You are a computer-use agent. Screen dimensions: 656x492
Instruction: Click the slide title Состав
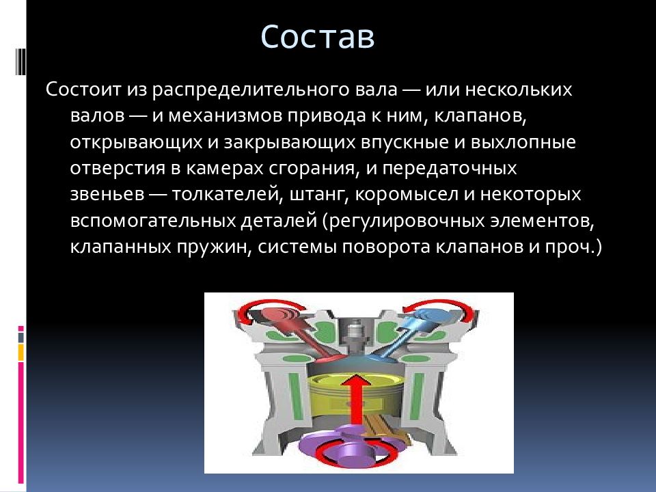click(x=318, y=37)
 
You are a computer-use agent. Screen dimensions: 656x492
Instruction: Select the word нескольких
click(x=519, y=90)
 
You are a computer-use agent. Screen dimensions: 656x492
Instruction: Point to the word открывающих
click(x=137, y=143)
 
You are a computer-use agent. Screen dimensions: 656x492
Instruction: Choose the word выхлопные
click(x=523, y=143)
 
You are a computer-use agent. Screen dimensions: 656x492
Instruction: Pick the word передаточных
click(x=450, y=169)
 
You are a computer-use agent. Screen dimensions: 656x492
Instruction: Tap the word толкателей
click(x=225, y=195)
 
